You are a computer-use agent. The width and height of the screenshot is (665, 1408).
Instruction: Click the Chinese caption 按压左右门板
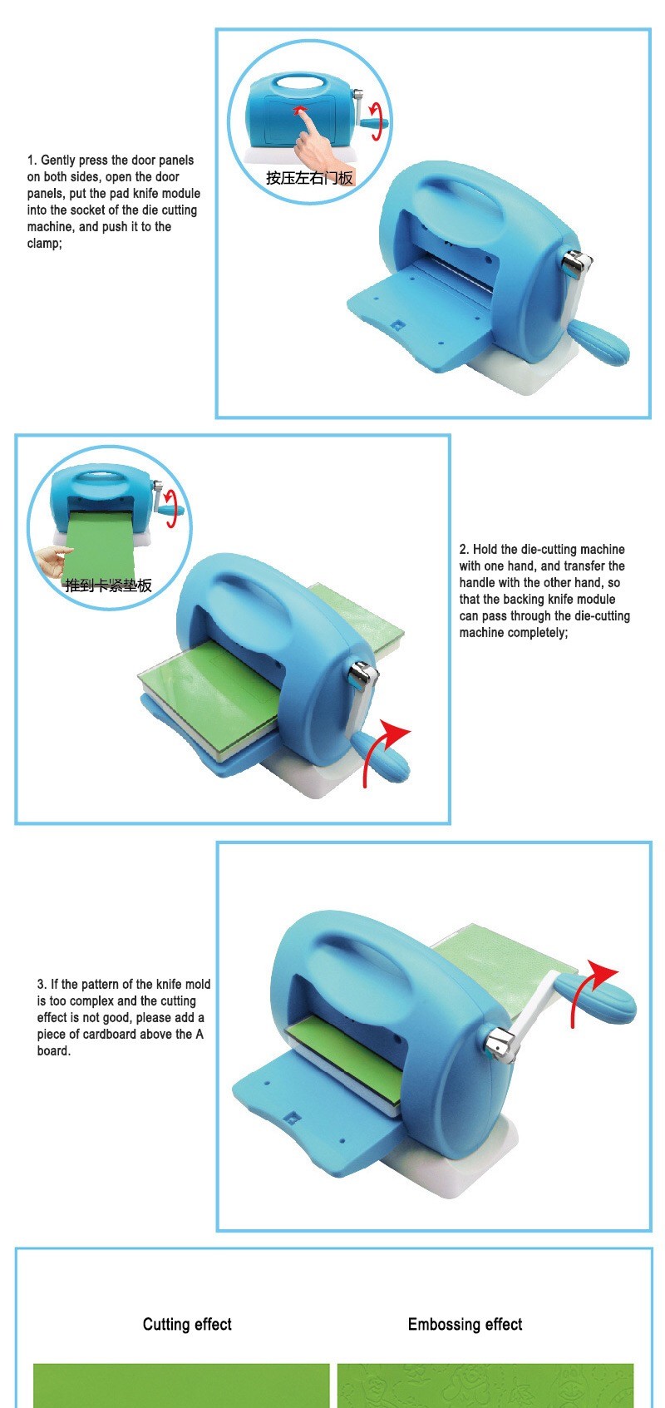(309, 178)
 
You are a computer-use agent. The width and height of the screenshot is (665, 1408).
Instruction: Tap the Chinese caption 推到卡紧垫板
(109, 585)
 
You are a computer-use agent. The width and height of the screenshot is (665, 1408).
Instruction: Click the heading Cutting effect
(187, 1324)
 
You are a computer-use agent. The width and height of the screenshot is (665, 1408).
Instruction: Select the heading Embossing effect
(465, 1324)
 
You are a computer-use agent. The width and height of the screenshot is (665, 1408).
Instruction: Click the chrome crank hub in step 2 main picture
(364, 676)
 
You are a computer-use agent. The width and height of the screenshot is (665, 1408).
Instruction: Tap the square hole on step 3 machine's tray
(290, 1118)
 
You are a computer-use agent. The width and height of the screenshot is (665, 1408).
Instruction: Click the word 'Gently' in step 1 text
(58, 161)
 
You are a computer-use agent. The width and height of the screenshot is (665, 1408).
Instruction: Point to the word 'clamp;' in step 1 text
(45, 243)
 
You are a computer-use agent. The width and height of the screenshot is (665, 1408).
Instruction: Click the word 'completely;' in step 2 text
(538, 633)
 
